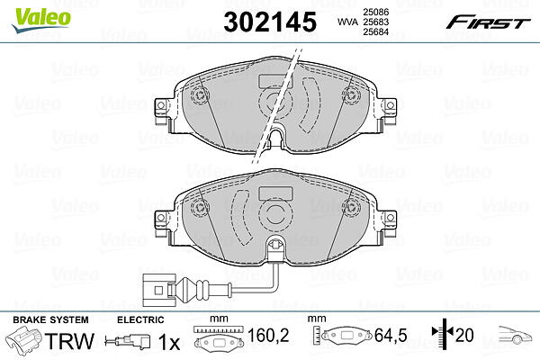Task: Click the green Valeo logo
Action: (41, 20)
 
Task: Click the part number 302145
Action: (270, 22)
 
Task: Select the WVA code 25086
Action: (375, 12)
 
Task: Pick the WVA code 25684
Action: (375, 31)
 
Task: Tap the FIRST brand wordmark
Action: (488, 22)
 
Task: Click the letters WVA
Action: (347, 22)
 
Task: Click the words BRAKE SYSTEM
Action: (50, 319)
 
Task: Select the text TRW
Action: (69, 341)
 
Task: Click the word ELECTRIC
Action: (140, 319)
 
